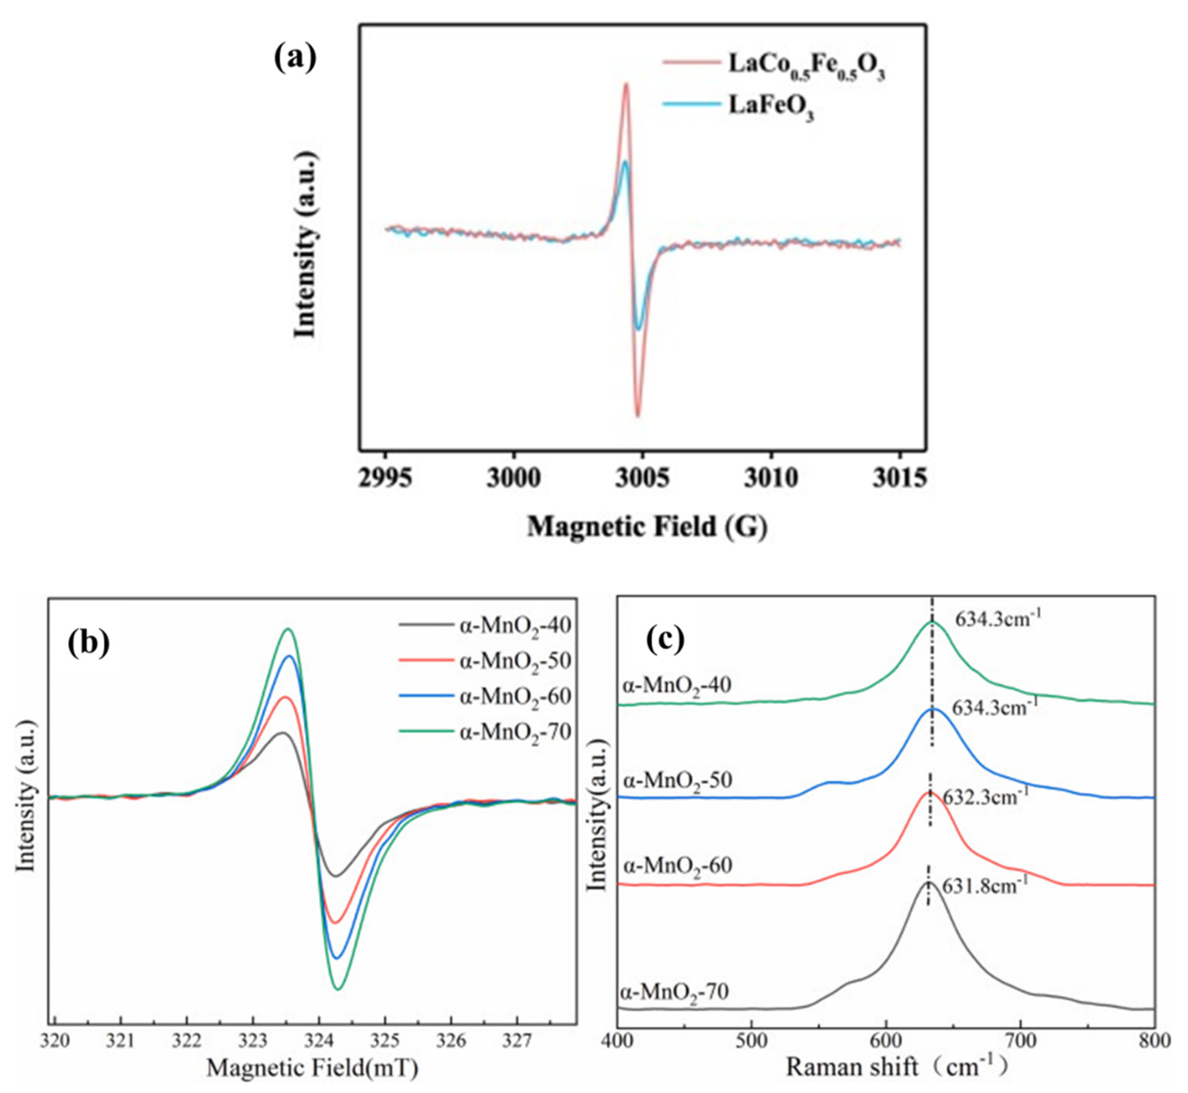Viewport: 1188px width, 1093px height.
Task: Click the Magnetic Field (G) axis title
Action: click(647, 526)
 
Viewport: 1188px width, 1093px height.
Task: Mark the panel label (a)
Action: click(295, 58)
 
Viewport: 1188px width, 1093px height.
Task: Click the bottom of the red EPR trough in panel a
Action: click(638, 416)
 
